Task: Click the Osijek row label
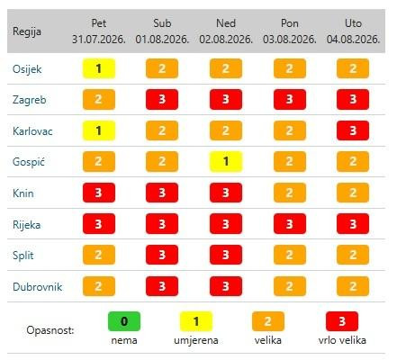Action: [x=27, y=69]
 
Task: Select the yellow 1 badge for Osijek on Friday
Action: [x=99, y=68]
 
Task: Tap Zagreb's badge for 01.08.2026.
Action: [x=162, y=99]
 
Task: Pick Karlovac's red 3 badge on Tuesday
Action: [x=353, y=130]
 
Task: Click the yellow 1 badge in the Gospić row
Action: [x=226, y=161]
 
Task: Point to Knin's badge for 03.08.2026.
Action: [x=290, y=193]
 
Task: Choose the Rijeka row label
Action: [x=26, y=225]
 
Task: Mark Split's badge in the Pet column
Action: [x=99, y=255]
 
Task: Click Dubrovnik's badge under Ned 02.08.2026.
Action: [x=226, y=286]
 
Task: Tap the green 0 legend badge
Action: [x=124, y=321]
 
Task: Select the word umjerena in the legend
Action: [x=196, y=340]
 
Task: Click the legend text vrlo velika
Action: [x=342, y=340]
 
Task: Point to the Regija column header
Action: [x=27, y=31]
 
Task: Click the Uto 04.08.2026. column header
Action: [x=353, y=31]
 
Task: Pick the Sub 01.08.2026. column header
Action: [x=162, y=31]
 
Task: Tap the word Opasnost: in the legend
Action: [x=50, y=330]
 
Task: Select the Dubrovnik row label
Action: [x=38, y=287]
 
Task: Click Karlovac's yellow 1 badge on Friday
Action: [x=99, y=130]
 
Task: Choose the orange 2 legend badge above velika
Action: [x=268, y=321]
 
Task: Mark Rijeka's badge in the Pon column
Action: [x=290, y=223]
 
